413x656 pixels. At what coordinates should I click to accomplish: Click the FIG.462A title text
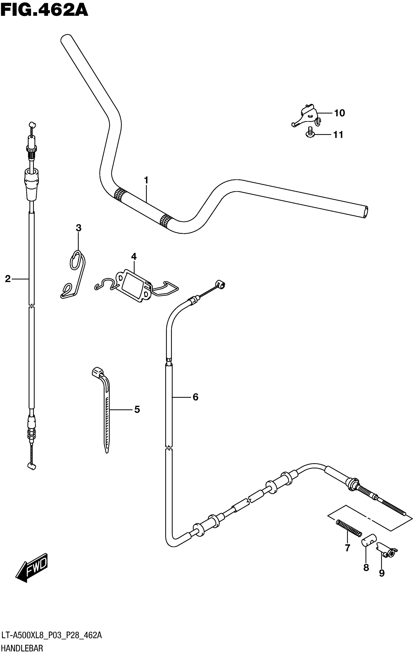click(44, 10)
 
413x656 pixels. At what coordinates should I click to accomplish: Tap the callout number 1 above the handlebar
click(146, 180)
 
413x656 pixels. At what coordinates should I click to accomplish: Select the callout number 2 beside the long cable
click(8, 279)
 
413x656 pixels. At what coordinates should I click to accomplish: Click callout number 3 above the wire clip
click(78, 228)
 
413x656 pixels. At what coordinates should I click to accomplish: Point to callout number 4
click(134, 256)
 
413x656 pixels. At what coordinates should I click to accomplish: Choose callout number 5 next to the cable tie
click(137, 409)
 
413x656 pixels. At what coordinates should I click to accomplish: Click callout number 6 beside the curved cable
click(195, 397)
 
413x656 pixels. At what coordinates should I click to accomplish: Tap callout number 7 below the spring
click(347, 548)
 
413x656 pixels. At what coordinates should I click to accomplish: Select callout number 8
click(366, 567)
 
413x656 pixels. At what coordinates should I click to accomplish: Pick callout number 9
click(382, 573)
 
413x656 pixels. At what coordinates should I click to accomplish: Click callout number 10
click(339, 113)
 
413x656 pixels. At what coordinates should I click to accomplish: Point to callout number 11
click(338, 135)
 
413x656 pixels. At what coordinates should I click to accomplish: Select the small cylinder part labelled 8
click(369, 540)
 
